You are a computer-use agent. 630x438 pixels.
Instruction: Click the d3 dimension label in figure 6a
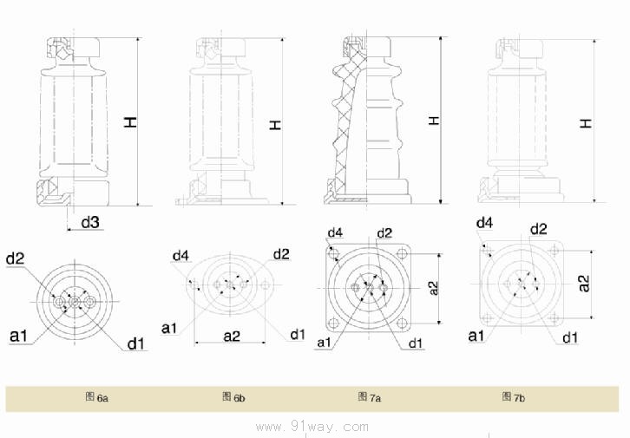click(90, 223)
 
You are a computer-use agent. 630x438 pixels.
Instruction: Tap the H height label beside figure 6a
click(130, 124)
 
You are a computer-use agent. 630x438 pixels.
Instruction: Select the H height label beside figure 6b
click(276, 125)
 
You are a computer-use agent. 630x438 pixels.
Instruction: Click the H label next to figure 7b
click(587, 123)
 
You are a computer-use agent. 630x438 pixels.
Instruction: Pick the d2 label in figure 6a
click(15, 258)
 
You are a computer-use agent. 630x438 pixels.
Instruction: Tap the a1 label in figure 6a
click(18, 334)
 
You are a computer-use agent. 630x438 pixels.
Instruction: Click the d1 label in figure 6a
click(135, 344)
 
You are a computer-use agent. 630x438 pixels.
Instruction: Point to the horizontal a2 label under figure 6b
click(231, 335)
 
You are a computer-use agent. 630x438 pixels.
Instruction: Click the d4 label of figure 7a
click(334, 232)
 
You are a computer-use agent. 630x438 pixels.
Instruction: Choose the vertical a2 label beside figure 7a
click(435, 289)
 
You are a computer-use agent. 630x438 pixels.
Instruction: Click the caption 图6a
click(96, 397)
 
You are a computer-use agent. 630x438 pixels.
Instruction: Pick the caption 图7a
click(370, 397)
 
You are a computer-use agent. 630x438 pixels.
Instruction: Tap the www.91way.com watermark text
click(314, 426)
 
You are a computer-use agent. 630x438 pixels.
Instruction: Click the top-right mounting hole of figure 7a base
click(402, 254)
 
